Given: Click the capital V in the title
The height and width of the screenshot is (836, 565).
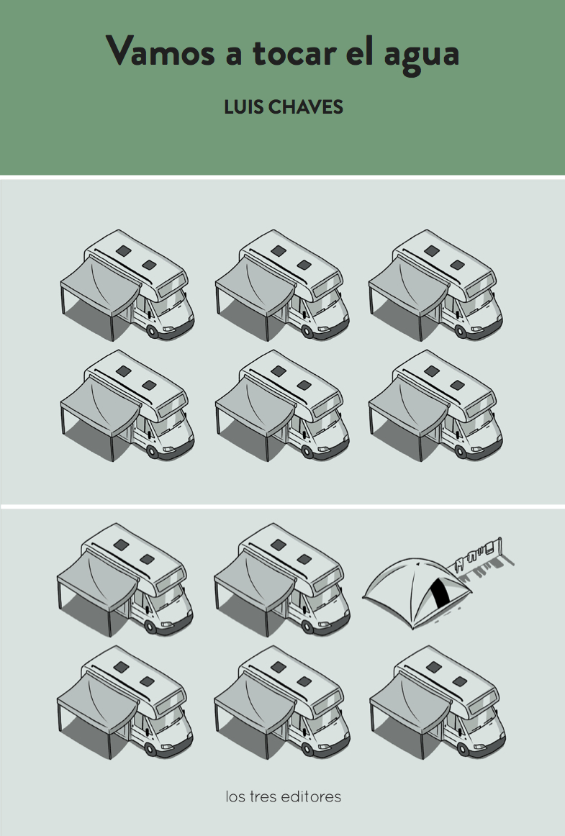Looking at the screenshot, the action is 121,51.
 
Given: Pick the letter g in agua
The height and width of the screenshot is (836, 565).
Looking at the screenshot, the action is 414,60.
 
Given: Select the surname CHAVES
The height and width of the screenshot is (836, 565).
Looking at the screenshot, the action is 305,107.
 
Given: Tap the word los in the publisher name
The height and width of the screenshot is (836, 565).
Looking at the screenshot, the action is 236,797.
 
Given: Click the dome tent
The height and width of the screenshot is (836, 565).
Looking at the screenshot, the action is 417,593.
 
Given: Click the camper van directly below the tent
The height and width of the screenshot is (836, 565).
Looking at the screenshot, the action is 438,701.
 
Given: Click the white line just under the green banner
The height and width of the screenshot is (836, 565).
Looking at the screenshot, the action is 282,177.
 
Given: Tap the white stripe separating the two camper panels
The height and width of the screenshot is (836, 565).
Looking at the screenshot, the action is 282,506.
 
